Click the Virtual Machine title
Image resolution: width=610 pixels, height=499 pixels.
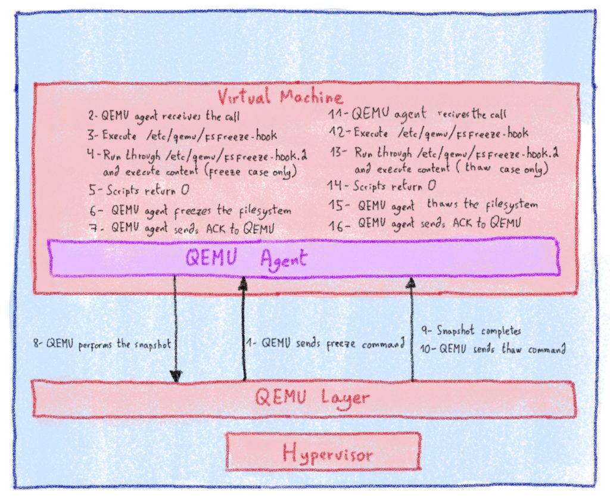tap(280, 97)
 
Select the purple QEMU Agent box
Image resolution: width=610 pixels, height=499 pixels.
tap(304, 258)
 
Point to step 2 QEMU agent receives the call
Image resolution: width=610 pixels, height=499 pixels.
tap(163, 116)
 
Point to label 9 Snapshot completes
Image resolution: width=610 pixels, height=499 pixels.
tap(471, 330)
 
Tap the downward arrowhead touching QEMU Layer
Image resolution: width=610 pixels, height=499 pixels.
tap(176, 376)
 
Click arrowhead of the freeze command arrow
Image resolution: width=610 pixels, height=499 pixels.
tap(243, 284)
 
